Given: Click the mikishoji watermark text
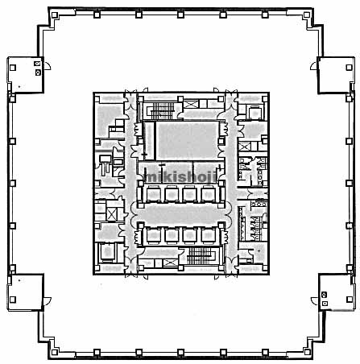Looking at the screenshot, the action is tap(180, 177).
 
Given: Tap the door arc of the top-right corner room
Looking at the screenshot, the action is tap(312, 66).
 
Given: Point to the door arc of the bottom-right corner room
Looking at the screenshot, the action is tap(313, 301).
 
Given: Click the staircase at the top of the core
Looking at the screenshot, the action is tap(160, 110).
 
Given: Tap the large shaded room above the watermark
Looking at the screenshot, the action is tap(188, 140).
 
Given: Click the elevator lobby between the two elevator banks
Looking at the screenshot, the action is tap(181, 215).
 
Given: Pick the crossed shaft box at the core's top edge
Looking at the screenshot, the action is tap(191, 104).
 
